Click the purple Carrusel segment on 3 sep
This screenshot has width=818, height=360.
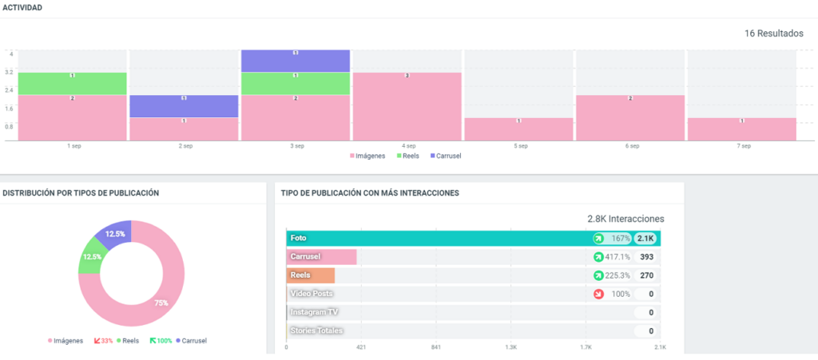[x=296, y=61]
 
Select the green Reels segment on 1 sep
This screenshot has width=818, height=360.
[x=72, y=84]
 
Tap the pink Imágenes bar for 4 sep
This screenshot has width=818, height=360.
[x=407, y=107]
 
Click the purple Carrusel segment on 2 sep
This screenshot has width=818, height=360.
[x=184, y=106]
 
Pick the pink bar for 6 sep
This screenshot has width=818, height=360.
[x=630, y=118]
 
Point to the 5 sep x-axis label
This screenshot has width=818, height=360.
[x=520, y=146]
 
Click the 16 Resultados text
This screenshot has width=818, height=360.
[x=773, y=34]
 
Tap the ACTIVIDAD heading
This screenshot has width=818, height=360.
[x=22, y=7]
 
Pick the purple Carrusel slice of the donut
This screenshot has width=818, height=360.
[x=114, y=233]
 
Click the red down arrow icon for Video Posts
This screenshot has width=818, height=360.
[x=598, y=294]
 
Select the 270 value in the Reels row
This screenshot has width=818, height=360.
[x=646, y=275]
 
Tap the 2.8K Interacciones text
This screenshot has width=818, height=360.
[x=625, y=219]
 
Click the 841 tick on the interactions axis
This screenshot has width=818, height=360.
[x=435, y=347]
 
